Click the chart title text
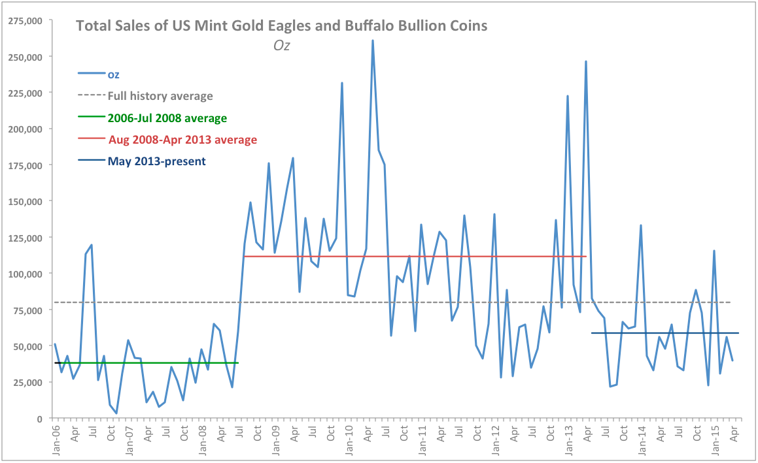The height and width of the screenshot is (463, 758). (281, 26)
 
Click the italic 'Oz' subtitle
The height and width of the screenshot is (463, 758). (281, 46)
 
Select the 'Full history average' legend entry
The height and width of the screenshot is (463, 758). (160, 96)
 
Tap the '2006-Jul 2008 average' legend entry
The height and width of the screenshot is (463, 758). (167, 118)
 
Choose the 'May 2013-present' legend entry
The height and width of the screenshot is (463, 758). (156, 161)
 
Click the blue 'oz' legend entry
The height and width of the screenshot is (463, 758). (113, 74)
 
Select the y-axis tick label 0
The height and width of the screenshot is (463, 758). (40, 418)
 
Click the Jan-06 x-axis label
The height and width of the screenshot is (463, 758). (56, 439)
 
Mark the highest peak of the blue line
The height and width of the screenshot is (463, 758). (373, 40)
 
